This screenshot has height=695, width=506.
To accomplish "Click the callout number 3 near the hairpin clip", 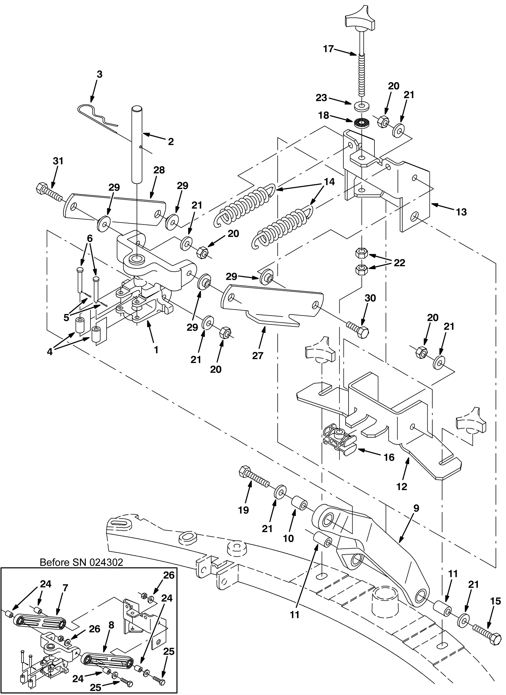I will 99,75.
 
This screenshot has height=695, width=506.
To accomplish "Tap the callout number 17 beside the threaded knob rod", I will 329,49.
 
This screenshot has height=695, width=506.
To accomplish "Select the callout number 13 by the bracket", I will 461,212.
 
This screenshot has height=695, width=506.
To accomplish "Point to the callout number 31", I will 58,161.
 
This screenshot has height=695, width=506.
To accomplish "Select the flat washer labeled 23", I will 361,106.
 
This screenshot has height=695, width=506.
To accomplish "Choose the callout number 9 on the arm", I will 416,508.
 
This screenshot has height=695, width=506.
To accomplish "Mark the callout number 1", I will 156,350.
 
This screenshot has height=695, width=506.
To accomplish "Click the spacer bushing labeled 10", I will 299,503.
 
